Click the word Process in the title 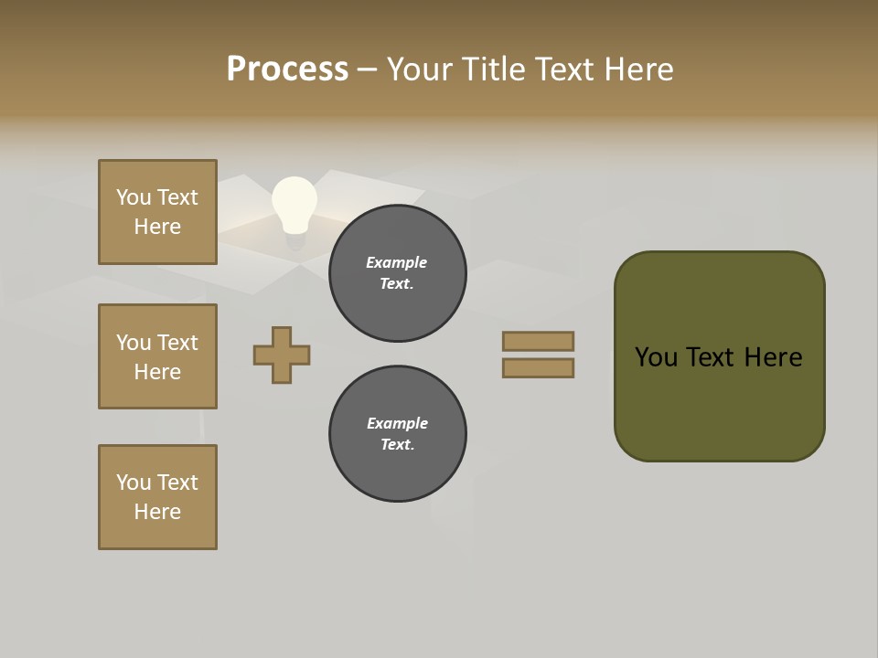point(287,69)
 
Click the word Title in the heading point(493,69)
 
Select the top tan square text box point(157,212)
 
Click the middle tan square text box point(157,356)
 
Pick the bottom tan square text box point(157,497)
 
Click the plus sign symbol point(282,355)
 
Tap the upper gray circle point(398,273)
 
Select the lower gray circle point(398,434)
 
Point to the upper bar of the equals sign point(538,341)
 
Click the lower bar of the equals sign point(538,368)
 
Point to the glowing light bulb point(294,207)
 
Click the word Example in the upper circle point(397,262)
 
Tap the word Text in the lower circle point(397,445)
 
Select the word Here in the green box point(773,357)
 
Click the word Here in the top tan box point(157,227)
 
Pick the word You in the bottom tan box point(134,483)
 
